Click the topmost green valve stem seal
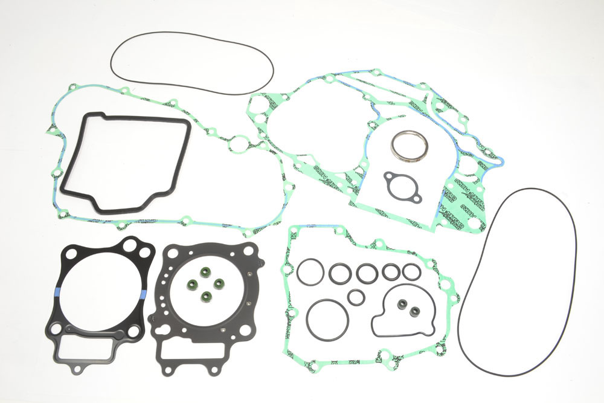202,271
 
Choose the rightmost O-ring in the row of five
411,271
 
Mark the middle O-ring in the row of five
367,272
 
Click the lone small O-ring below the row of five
356,296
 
